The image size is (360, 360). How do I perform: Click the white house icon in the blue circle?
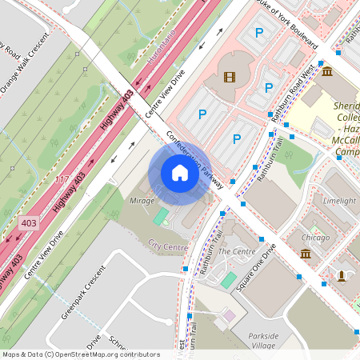click(x=180, y=173)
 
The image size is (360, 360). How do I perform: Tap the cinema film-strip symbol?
click(x=230, y=77)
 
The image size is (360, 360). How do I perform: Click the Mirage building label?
click(x=142, y=202)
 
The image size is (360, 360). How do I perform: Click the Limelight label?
click(x=339, y=201)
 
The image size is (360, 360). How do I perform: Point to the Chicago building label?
click(x=316, y=238)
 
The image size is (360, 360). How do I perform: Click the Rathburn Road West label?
click(x=295, y=94)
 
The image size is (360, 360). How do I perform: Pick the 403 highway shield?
click(x=29, y=222)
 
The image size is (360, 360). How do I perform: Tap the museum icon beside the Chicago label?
click(x=306, y=254)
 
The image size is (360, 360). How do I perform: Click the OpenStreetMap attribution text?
click(x=80, y=354)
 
